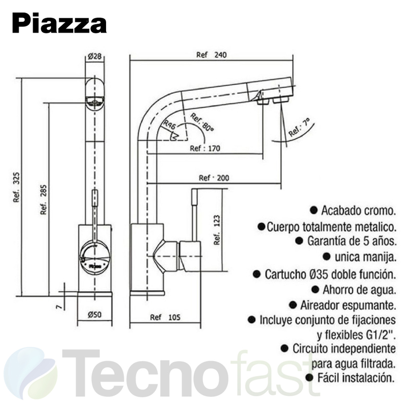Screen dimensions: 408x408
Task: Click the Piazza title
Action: pos(59,23)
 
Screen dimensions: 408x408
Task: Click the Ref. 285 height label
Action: pos(43,199)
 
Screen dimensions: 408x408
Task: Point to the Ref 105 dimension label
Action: pos(165,317)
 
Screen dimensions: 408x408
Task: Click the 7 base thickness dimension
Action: pos(59,307)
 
